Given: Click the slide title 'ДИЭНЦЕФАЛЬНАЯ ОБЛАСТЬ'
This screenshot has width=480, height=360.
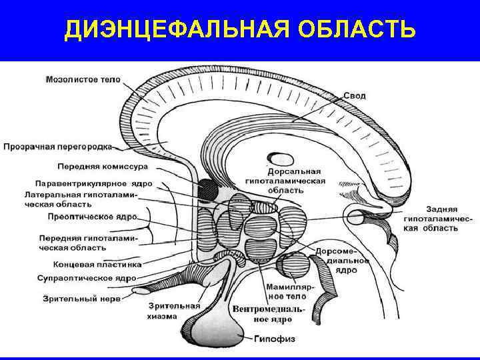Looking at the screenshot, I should [x=240, y=29].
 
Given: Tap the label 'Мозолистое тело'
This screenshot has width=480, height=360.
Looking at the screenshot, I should [x=83, y=80].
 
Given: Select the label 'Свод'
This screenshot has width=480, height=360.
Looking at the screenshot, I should [x=354, y=96].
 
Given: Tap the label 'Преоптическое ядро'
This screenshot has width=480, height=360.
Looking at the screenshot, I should [x=93, y=217].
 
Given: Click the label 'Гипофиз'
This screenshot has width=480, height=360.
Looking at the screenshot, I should [x=272, y=338].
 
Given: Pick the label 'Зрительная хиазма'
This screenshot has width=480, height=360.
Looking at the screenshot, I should [x=163, y=311].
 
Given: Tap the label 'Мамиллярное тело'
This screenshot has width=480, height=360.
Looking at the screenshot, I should [x=286, y=291].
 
